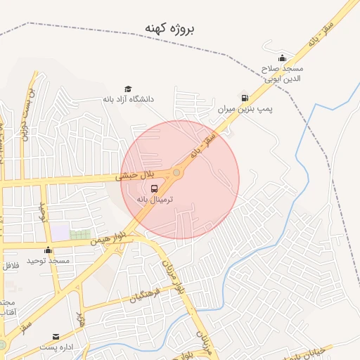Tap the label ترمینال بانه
click(x=167, y=200)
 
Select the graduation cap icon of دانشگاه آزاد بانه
click(x=128, y=89)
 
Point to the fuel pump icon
click(x=244, y=98)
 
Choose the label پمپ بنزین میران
click(x=244, y=110)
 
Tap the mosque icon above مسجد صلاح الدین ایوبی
click(x=282, y=58)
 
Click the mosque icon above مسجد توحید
click(x=48, y=250)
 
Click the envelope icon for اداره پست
click(x=56, y=337)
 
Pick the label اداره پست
click(x=56, y=347)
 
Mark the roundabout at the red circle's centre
click(x=176, y=172)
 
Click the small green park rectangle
click(x=80, y=234)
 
